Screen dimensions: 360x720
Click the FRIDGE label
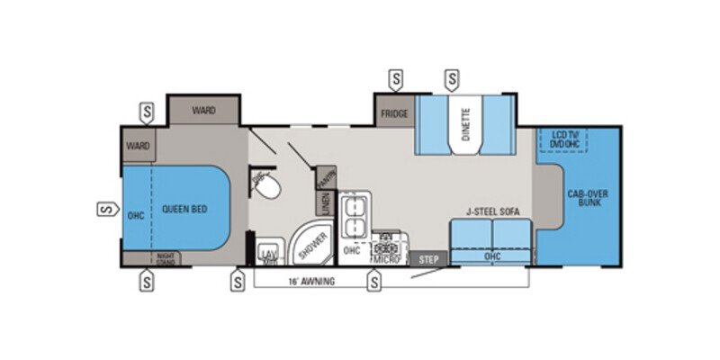[394, 114]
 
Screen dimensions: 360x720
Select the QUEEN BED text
[184, 209]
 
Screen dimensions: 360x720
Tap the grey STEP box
[429, 258]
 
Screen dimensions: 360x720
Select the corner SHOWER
[310, 240]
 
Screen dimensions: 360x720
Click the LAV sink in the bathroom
[267, 254]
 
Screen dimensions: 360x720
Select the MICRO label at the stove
[389, 259]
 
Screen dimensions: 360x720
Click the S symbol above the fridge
[395, 78]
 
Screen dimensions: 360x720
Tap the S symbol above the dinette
[450, 78]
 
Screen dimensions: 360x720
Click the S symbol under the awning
[373, 282]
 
